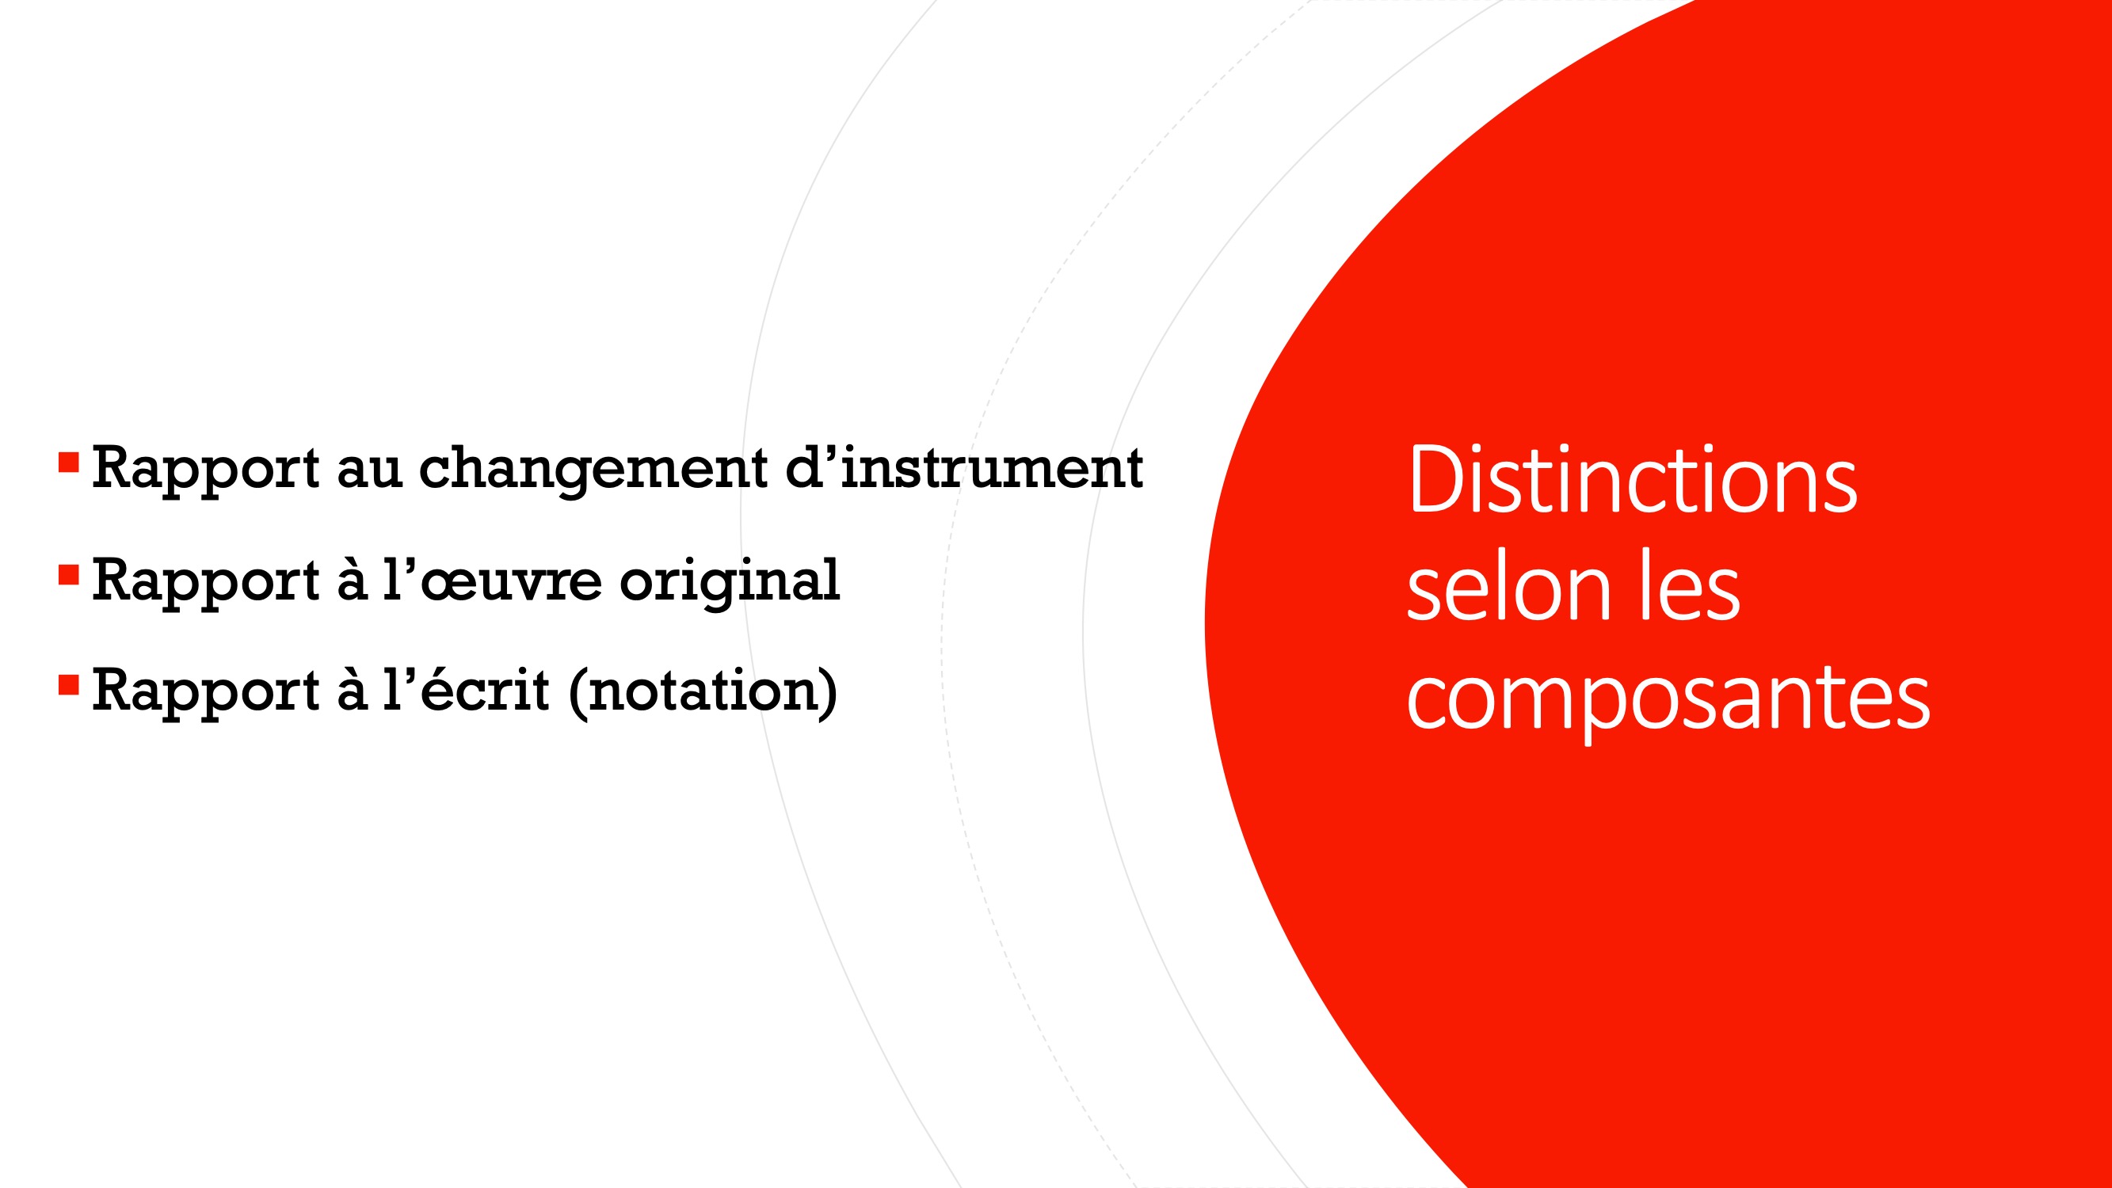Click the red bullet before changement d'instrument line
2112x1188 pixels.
[69, 463]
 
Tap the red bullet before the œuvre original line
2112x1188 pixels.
[69, 576]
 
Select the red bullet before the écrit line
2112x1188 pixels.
[69, 685]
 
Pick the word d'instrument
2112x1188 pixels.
[964, 469]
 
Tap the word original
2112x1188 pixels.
[730, 583]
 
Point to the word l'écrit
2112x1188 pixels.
[467, 690]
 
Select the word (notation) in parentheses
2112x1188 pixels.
[703, 693]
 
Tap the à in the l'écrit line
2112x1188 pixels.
[353, 691]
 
